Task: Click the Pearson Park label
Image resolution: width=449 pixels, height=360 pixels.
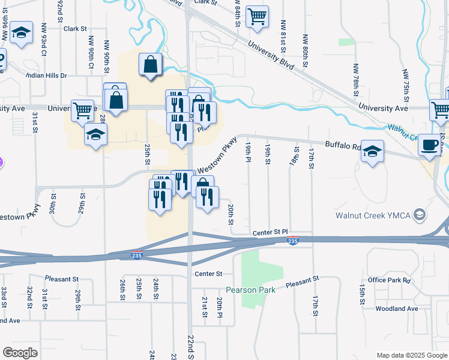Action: (x=255, y=290)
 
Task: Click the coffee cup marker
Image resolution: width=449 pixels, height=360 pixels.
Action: (x=430, y=146)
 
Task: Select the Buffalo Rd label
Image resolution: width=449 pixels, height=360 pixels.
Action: (x=343, y=145)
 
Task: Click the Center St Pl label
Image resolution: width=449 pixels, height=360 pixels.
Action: (x=270, y=232)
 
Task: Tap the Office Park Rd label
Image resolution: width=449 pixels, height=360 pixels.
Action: (x=389, y=280)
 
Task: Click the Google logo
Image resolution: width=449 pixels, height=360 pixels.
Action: (x=20, y=353)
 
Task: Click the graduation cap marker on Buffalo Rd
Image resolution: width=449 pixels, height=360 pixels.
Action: (x=372, y=152)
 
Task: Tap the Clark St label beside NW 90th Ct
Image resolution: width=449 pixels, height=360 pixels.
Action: (x=76, y=28)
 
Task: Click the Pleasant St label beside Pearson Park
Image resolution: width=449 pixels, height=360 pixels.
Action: (x=301, y=281)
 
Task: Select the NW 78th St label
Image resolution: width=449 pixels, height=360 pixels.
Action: (x=356, y=77)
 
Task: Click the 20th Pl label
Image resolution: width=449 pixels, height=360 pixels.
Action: (x=220, y=307)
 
